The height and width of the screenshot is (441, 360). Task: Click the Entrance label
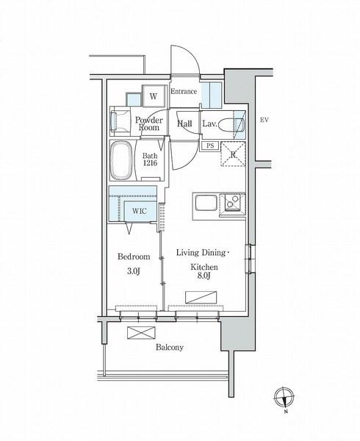184,91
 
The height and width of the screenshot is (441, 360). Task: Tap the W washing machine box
154,96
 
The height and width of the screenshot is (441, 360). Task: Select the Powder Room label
149,123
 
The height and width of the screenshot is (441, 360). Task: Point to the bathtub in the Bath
121,160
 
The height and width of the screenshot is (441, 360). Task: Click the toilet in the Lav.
231,124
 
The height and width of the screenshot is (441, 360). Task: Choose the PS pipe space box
210,146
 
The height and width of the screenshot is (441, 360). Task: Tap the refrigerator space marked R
233,154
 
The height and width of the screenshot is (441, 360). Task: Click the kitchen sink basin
206,203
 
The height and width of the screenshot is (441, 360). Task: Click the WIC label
140,211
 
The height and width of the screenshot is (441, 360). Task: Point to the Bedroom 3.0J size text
134,271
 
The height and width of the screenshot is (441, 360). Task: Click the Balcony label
170,348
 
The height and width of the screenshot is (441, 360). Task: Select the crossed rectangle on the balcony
141,333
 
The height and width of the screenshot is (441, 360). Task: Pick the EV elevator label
264,120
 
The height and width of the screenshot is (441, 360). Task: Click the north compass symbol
284,398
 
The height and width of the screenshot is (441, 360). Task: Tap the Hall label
184,123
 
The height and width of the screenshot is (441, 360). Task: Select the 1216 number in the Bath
150,163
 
